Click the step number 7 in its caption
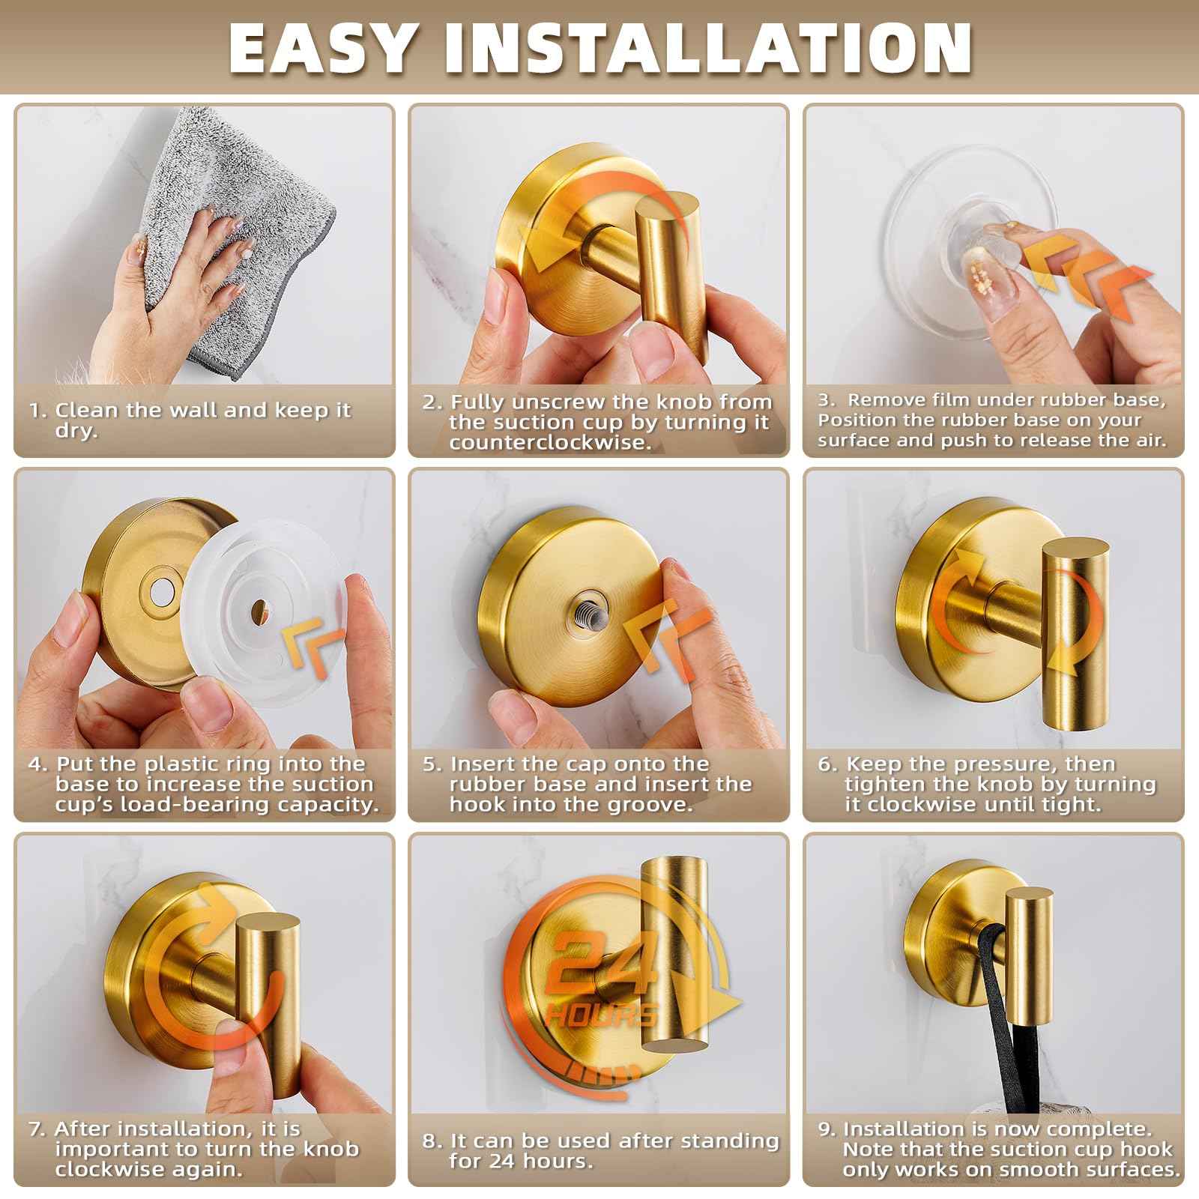click(x=37, y=1129)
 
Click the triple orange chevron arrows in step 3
click(x=1087, y=285)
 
